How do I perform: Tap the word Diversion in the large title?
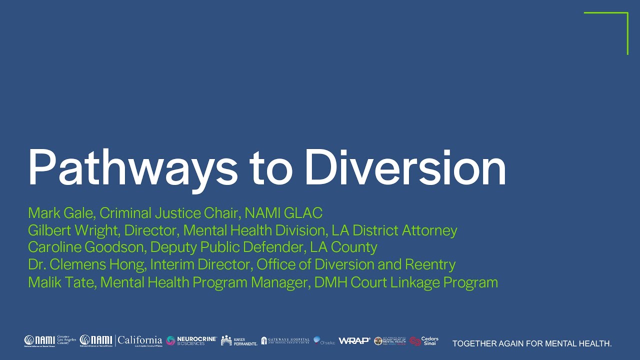[x=405, y=167]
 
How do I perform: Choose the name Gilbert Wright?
[x=73, y=230]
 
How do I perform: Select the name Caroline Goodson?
[x=86, y=247]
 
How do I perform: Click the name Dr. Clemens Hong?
[x=86, y=264]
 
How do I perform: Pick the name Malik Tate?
[x=61, y=282]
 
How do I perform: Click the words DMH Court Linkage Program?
[x=406, y=282]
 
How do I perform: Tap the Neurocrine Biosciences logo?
[x=191, y=341]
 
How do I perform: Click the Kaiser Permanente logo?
[x=239, y=341]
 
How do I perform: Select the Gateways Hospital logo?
[x=285, y=341]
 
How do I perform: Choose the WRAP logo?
[x=354, y=341]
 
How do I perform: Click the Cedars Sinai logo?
[x=424, y=341]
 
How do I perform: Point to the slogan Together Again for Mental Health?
[x=532, y=343]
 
